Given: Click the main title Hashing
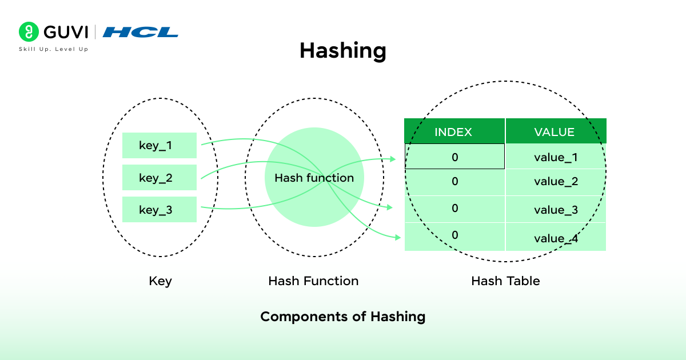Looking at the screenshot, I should tap(343, 51).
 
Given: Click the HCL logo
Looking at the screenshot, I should tap(141, 32).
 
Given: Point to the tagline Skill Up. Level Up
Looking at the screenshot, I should tap(54, 49).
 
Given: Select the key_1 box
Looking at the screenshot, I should tap(159, 146).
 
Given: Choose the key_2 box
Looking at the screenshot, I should tap(159, 178).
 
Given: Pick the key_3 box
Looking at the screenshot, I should tap(159, 210).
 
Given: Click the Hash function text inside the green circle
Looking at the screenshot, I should tap(314, 178).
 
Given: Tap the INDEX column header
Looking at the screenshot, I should tap(454, 132).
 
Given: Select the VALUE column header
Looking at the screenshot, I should tap(555, 132).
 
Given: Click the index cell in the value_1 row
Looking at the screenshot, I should tap(454, 157).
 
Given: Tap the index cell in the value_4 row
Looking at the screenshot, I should tap(454, 235).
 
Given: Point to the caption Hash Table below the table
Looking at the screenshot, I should tap(505, 281).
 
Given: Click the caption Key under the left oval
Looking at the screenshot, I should tap(160, 281).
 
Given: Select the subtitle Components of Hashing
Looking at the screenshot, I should tap(343, 317).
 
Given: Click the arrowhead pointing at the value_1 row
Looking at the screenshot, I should tap(393, 159).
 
